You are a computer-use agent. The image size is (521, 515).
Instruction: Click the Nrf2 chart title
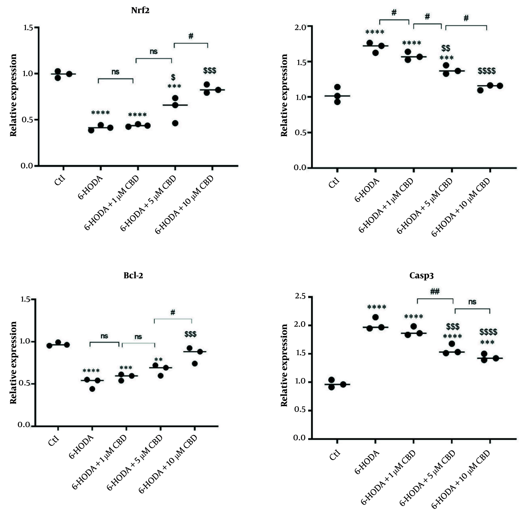pos(140,11)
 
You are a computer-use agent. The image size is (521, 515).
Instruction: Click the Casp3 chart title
pos(421,276)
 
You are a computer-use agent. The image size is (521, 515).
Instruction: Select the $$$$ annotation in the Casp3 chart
pos(488,332)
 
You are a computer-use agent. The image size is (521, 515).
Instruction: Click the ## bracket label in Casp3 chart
pos(435,292)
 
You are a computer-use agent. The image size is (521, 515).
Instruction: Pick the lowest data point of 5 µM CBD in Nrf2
pos(175,123)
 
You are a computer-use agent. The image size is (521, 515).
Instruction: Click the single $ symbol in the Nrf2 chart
pos(173,77)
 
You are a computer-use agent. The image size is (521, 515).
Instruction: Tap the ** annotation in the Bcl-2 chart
pos(158,360)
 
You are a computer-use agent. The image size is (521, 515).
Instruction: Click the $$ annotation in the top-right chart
pos(446,48)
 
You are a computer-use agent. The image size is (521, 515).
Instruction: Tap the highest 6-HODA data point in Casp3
pos(375,317)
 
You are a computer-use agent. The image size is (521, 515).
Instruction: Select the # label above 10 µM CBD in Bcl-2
pos(173,312)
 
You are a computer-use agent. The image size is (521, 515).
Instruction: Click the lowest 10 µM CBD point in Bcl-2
pos(195,364)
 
